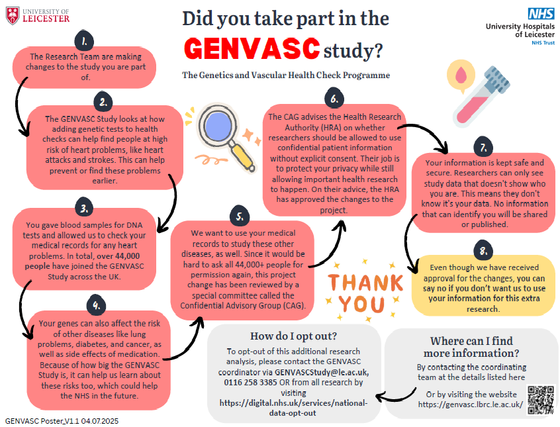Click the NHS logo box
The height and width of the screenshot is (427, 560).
pos(541,14)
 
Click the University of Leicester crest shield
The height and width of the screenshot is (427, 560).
pos(13,16)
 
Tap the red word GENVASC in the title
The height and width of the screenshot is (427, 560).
pos(252,48)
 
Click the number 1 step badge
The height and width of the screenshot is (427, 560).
pos(84,41)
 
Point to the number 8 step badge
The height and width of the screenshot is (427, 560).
pos(484,250)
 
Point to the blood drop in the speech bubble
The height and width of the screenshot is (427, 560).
pos(461,74)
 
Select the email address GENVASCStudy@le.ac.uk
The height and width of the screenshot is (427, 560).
pos(322,372)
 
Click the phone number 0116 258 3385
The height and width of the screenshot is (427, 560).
pos(250,383)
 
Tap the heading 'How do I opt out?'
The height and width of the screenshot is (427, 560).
pos(294,336)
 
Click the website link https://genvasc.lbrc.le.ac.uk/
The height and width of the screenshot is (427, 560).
pos(471,404)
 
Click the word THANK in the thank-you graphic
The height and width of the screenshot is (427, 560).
pos(365,282)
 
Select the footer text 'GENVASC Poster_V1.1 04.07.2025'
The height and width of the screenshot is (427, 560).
pos(62,421)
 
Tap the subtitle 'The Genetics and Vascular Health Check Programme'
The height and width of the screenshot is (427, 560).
pos(286,75)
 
